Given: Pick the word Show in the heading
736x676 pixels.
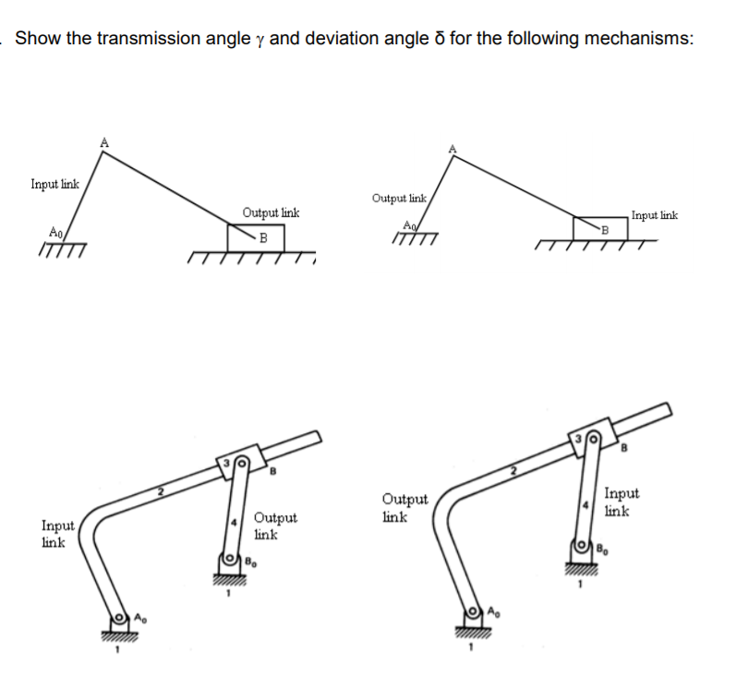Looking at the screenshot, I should tap(37, 39).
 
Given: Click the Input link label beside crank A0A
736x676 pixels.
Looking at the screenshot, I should tap(54, 184).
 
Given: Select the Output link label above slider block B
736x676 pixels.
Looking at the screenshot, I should tap(271, 213).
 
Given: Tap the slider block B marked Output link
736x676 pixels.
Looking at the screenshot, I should tap(256, 236).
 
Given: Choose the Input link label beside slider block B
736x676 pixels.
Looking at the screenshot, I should tap(654, 215).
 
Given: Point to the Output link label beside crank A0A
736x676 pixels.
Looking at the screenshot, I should tap(399, 198).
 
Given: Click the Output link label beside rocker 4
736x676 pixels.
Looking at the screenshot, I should tap(275, 525).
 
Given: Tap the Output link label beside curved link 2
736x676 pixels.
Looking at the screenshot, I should tap(404, 508).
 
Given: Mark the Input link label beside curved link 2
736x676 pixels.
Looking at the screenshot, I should tap(58, 533).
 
